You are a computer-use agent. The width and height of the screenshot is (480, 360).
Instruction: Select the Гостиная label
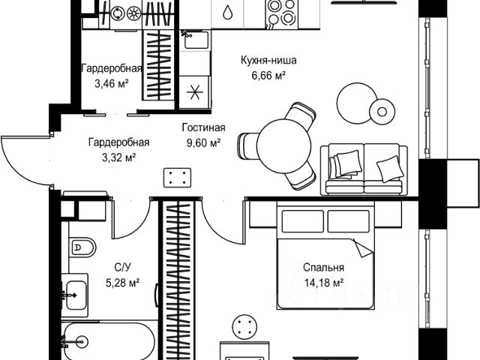[x=203, y=128]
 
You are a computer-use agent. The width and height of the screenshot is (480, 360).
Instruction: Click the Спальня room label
[x=323, y=268]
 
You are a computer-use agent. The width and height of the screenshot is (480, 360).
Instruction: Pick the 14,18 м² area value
[x=323, y=282]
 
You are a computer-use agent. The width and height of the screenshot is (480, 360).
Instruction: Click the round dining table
[x=280, y=142]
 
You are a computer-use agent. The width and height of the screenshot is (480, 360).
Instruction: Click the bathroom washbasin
[x=74, y=295]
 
